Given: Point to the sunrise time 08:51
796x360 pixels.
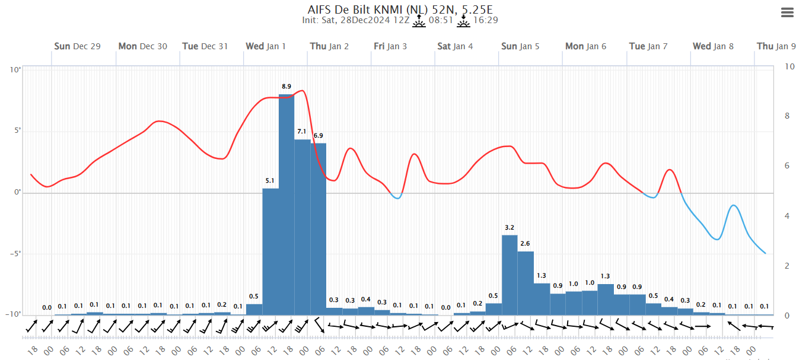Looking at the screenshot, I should tap(441, 21).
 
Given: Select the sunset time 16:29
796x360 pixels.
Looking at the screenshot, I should tap(485, 21).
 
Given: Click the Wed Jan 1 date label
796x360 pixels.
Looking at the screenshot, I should tap(266, 46).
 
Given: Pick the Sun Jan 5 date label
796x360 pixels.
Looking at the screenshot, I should tap(520, 46).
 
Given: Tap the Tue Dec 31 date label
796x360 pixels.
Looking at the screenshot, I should tap(205, 46).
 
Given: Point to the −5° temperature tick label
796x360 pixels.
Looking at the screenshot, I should tap(14, 254).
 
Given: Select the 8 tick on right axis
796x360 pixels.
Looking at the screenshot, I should tap(787, 116).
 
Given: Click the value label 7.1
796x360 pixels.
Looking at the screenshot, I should tap(302, 132).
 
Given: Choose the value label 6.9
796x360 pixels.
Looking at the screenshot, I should tap(319, 136).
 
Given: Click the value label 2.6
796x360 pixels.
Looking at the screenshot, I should tap(525, 244).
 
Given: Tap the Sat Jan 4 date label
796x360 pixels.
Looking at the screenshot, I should tap(455, 46).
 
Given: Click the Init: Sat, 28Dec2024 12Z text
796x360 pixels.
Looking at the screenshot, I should tap(355, 21).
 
